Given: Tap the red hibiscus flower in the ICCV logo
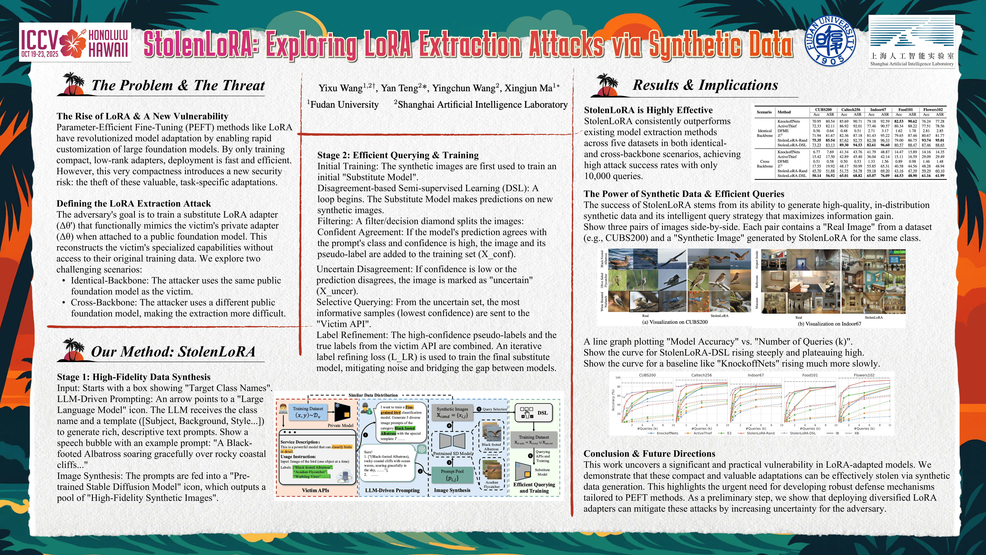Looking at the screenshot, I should tap(73, 43).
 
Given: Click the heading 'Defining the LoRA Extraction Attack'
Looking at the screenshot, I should tap(134, 203).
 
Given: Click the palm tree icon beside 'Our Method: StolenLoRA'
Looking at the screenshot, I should tap(73, 349).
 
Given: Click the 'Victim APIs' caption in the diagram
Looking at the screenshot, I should tap(315, 490).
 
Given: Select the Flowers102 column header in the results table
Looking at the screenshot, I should tap(933, 109).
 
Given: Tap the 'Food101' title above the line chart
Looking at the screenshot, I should tap(810, 375).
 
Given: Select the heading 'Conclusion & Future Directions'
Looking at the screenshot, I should tap(649, 453).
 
